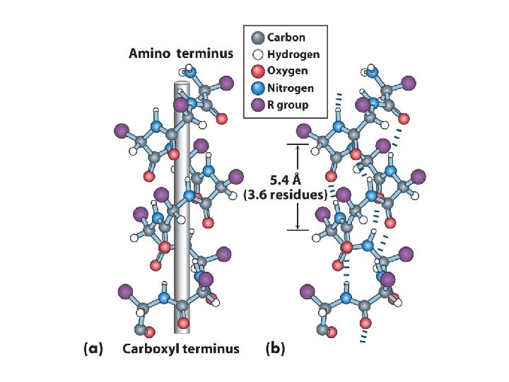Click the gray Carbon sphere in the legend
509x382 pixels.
tap(257, 37)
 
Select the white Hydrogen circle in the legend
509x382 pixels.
tap(257, 54)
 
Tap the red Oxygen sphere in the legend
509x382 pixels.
tap(257, 71)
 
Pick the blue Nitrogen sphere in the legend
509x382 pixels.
tap(257, 88)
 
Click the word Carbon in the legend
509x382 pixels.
tap(286, 37)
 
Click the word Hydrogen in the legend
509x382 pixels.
tap(293, 54)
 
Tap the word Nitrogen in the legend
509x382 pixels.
tap(291, 88)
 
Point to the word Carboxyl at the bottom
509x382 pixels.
tap(150, 348)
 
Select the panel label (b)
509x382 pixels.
tap(275, 348)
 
